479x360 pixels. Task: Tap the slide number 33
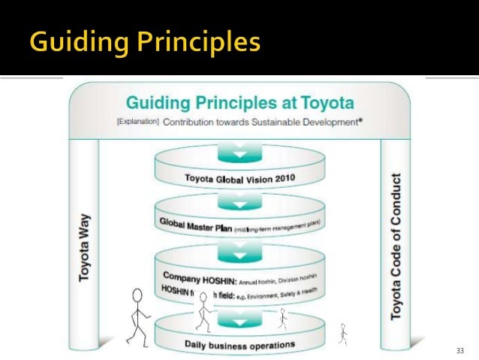[x=460, y=351]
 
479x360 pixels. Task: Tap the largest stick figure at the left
[x=137, y=316]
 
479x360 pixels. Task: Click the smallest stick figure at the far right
[x=343, y=331]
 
